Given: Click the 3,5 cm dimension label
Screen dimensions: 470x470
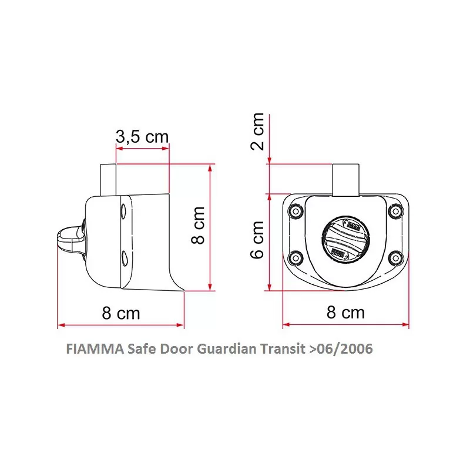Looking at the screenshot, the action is [x=142, y=137].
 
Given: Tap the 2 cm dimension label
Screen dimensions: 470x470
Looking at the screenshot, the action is [x=257, y=131].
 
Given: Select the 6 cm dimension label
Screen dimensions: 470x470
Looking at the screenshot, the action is [x=257, y=240].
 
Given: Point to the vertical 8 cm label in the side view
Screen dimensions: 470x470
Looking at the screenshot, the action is [x=198, y=225].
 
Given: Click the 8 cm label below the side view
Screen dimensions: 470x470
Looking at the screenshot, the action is [x=121, y=313].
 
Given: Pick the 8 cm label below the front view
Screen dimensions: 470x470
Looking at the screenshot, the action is [x=345, y=313].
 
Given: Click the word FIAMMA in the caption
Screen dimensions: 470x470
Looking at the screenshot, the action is [x=95, y=349].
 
